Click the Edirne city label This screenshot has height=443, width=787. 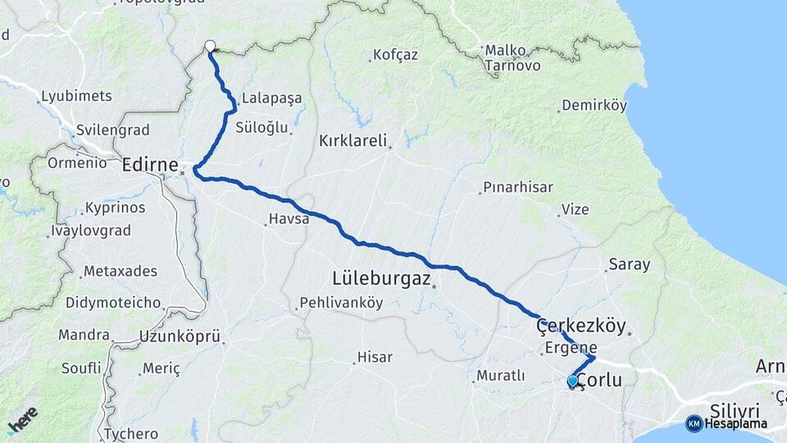click(x=150, y=166)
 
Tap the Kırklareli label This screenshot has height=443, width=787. click(x=353, y=140)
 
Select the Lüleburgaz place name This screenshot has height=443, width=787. click(x=381, y=278)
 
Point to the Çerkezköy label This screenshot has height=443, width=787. click(x=580, y=326)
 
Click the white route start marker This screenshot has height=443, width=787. click(x=210, y=47)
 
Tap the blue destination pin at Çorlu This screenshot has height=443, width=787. click(x=572, y=381)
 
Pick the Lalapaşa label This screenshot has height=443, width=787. click(x=271, y=98)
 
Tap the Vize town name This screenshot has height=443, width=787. click(x=575, y=209)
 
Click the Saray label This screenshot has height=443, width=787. click(x=629, y=265)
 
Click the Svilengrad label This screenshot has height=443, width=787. click(x=111, y=130)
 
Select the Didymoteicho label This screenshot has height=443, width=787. click(x=113, y=303)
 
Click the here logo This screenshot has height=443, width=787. click(x=24, y=420)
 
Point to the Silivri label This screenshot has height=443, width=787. click(x=735, y=409)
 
